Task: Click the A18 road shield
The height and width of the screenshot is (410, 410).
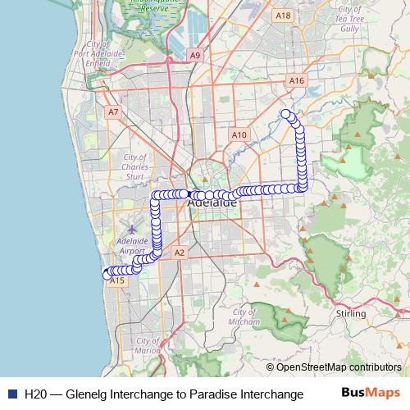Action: tap(284, 15)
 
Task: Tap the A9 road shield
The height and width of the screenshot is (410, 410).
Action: tap(194, 55)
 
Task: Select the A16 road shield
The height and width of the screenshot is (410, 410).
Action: tap(297, 81)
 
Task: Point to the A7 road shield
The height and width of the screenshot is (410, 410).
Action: tap(113, 112)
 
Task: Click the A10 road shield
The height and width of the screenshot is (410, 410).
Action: tap(239, 134)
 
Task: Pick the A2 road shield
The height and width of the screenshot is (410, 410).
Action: tap(180, 253)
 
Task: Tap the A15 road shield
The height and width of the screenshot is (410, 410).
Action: tap(117, 280)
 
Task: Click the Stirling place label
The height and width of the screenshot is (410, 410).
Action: tap(351, 313)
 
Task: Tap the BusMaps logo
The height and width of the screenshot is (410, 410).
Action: tap(371, 393)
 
